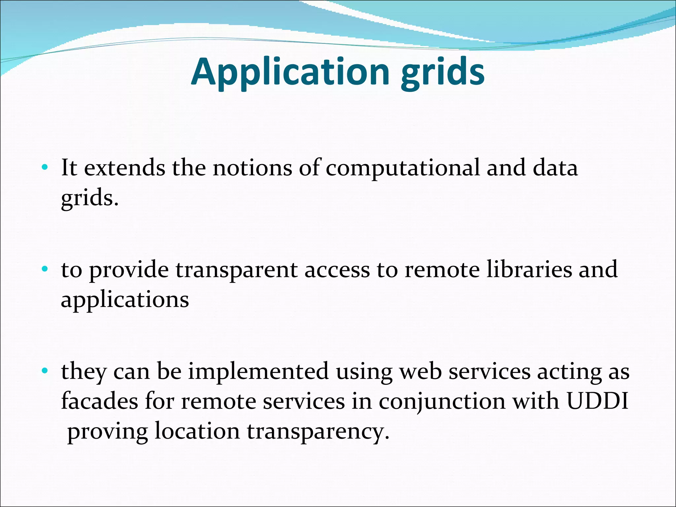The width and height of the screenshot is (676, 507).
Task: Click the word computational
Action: click(402, 168)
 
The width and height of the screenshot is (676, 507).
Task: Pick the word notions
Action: click(252, 168)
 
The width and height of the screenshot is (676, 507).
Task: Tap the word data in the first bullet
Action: click(555, 168)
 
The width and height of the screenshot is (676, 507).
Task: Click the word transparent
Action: click(236, 270)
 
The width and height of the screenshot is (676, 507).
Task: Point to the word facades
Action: click(99, 401)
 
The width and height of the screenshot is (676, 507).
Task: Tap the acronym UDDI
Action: click(597, 401)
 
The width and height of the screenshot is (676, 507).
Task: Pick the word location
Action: click(197, 431)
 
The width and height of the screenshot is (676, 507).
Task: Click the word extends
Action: click(124, 168)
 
